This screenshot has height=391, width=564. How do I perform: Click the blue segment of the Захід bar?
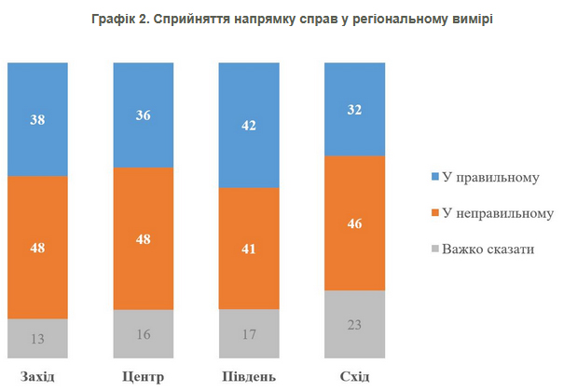point(37,119)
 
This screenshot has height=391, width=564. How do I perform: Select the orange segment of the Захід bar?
point(37,248)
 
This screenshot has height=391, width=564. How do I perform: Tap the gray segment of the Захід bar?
point(37,338)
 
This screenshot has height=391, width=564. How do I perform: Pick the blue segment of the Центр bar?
point(143,115)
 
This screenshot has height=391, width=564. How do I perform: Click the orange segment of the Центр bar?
point(143,239)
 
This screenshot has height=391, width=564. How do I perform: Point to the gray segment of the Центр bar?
point(143,333)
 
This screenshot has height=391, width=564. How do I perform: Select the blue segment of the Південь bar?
point(248,125)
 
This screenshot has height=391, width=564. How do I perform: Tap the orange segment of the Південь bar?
point(248,249)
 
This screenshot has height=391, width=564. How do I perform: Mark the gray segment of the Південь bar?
point(248,333)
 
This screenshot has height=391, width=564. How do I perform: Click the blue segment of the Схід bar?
point(354,109)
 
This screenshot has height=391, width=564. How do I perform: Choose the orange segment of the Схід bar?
point(354,223)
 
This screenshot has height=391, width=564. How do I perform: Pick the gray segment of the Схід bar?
point(354,324)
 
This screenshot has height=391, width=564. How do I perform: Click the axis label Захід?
point(37,376)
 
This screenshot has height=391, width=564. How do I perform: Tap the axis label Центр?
point(143,376)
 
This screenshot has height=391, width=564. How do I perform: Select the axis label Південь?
point(248,376)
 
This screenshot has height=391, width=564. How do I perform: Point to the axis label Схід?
point(354,376)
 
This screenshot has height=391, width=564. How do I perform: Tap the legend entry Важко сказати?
point(487,250)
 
